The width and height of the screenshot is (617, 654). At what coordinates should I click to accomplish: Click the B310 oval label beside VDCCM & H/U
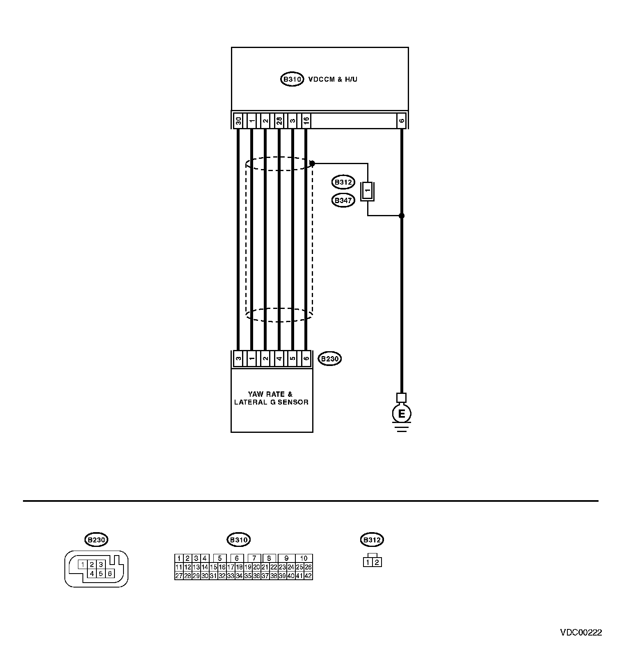[x=292, y=79]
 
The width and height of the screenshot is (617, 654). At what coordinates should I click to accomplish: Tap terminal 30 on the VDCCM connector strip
[x=238, y=121]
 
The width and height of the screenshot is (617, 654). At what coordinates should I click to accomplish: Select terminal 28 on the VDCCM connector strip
[x=279, y=121]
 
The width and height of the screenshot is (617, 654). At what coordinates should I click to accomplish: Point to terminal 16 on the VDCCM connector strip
[x=306, y=121]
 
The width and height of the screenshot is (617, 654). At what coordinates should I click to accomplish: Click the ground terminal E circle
[x=402, y=414]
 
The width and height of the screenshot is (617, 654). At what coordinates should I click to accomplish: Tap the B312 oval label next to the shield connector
[x=343, y=182]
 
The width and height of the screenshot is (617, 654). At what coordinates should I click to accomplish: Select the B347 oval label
[x=343, y=201]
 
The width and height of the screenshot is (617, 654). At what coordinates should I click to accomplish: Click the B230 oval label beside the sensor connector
[x=330, y=359]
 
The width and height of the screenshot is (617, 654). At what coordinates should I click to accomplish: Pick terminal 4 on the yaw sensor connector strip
[x=279, y=359]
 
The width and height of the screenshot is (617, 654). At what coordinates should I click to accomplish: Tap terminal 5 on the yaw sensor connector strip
[x=293, y=359]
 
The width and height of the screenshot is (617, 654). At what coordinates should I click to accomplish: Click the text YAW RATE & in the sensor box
[x=270, y=394]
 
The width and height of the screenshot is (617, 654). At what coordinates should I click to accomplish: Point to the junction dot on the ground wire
[x=402, y=215]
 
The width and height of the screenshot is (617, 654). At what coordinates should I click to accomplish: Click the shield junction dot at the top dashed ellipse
[x=312, y=164]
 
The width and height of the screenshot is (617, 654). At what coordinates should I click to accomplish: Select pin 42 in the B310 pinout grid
[x=308, y=576]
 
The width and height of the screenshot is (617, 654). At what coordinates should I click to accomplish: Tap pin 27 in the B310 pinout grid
[x=179, y=576]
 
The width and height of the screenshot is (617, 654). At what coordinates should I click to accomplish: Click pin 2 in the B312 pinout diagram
[x=377, y=562]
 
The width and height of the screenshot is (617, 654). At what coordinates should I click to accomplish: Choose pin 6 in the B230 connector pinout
[x=110, y=574]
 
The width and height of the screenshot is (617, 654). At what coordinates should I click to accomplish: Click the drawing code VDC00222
[x=581, y=632]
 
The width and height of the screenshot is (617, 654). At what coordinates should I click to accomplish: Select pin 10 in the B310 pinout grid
[x=304, y=558]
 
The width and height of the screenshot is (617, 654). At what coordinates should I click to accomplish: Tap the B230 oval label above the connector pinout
[x=97, y=540]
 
